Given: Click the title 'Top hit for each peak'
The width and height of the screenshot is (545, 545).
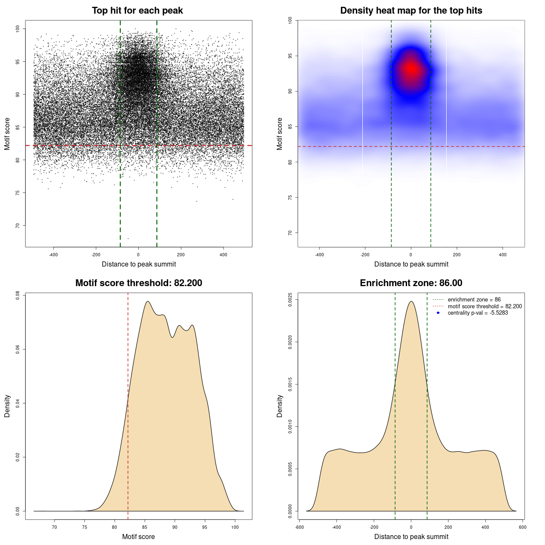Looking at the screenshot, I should coord(138,11).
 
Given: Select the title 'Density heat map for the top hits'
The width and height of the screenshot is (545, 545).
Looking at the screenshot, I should coord(411,11).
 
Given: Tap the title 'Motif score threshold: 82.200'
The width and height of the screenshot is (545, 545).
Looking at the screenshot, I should coord(138,283).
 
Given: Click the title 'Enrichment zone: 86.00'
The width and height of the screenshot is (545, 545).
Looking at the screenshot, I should coord(411,283).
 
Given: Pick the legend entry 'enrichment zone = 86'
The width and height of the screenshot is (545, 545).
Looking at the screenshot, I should coord(474,300).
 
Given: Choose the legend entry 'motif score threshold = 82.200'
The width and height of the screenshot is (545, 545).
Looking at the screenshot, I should coord(485,307).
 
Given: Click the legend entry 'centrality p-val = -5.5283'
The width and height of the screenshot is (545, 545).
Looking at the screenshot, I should coord(478,313).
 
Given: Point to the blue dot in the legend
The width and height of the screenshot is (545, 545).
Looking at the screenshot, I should coord(438,313).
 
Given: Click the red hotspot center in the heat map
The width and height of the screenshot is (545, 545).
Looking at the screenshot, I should coord(411,69).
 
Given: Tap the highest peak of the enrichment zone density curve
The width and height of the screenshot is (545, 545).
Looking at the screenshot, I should coord(411,301).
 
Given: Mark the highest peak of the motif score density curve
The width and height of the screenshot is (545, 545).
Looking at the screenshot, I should coord(148,301).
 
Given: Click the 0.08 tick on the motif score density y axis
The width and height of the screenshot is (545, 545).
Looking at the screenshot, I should coord(17,295).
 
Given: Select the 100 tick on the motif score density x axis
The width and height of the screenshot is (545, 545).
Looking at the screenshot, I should coord(235,527).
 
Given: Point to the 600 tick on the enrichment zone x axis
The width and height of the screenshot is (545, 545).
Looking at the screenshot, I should coord(522,527).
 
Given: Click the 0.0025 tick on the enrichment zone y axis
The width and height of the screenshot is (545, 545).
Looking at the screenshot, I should coord(290,299).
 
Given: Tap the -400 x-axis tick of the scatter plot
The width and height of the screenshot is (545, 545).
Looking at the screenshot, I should coord(53,255).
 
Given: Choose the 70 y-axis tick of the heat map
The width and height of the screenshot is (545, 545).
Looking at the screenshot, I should coord(290,232).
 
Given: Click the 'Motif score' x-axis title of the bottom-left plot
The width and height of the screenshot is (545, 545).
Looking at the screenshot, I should coord(138,536).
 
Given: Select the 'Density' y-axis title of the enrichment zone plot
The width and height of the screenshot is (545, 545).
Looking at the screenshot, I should coord(280,406).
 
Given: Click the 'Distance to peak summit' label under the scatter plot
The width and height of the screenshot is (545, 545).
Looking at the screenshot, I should coord(139,264).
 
